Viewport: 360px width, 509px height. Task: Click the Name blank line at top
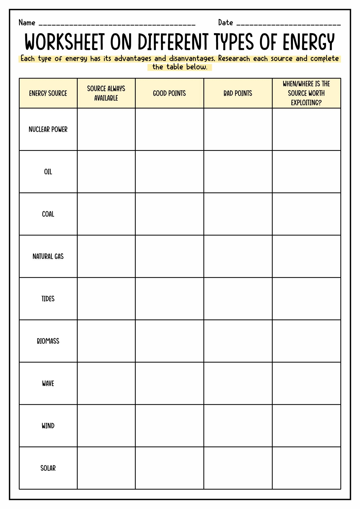point(117,24)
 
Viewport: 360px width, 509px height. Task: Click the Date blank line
point(288,24)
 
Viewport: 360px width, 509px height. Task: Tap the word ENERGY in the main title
point(309,42)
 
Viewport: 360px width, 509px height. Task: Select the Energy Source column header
point(48,93)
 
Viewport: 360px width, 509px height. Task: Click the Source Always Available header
point(106,93)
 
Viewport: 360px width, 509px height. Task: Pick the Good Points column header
point(169,93)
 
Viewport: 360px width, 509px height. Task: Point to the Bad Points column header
point(238,93)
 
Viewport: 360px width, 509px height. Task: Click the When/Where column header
point(306,93)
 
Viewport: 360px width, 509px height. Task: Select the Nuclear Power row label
point(48,129)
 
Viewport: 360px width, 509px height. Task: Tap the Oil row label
point(48,172)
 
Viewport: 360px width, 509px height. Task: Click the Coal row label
point(48,214)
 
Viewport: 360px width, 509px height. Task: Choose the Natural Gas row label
point(48,256)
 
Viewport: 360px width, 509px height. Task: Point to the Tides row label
point(48,299)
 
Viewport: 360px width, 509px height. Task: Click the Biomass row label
point(48,341)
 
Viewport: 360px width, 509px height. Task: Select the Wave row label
point(48,383)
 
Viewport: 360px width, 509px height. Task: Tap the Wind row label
point(48,426)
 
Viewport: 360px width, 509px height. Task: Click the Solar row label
point(48,468)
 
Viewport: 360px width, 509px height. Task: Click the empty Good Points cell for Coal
point(169,214)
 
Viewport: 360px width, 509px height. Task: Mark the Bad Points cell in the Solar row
point(238,468)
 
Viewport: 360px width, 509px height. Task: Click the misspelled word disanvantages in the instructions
point(192,59)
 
